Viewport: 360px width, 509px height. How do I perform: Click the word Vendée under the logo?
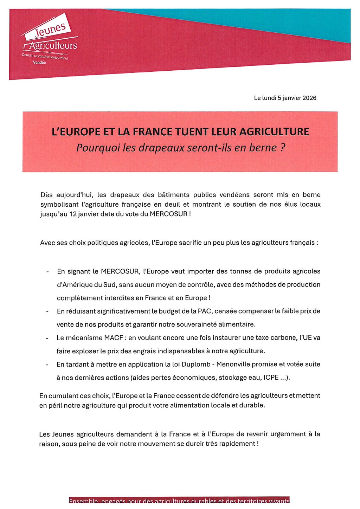[x=39, y=63]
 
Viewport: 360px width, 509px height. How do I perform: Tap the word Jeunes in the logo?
[x=50, y=30]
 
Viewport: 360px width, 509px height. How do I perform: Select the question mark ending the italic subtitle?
[x=282, y=148]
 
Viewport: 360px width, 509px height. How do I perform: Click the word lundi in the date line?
[x=269, y=98]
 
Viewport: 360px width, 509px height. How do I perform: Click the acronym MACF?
[x=114, y=338]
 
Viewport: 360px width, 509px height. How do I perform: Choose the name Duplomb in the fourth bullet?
[x=197, y=365]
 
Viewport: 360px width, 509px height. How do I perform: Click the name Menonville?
[x=233, y=365]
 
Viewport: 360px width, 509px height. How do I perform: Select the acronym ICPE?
[x=271, y=378]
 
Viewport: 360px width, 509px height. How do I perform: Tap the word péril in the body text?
[x=54, y=405]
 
